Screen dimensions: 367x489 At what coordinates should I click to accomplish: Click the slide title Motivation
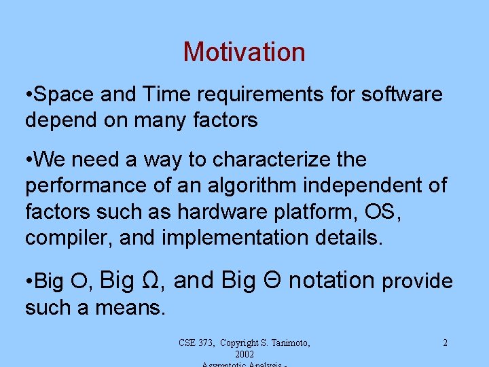pyautogui.click(x=244, y=52)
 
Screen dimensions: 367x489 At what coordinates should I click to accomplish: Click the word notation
pyautogui.click(x=331, y=280)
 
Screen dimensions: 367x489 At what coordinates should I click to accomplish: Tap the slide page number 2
pyautogui.click(x=445, y=343)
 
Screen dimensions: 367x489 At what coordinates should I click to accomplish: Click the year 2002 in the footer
pyautogui.click(x=244, y=355)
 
